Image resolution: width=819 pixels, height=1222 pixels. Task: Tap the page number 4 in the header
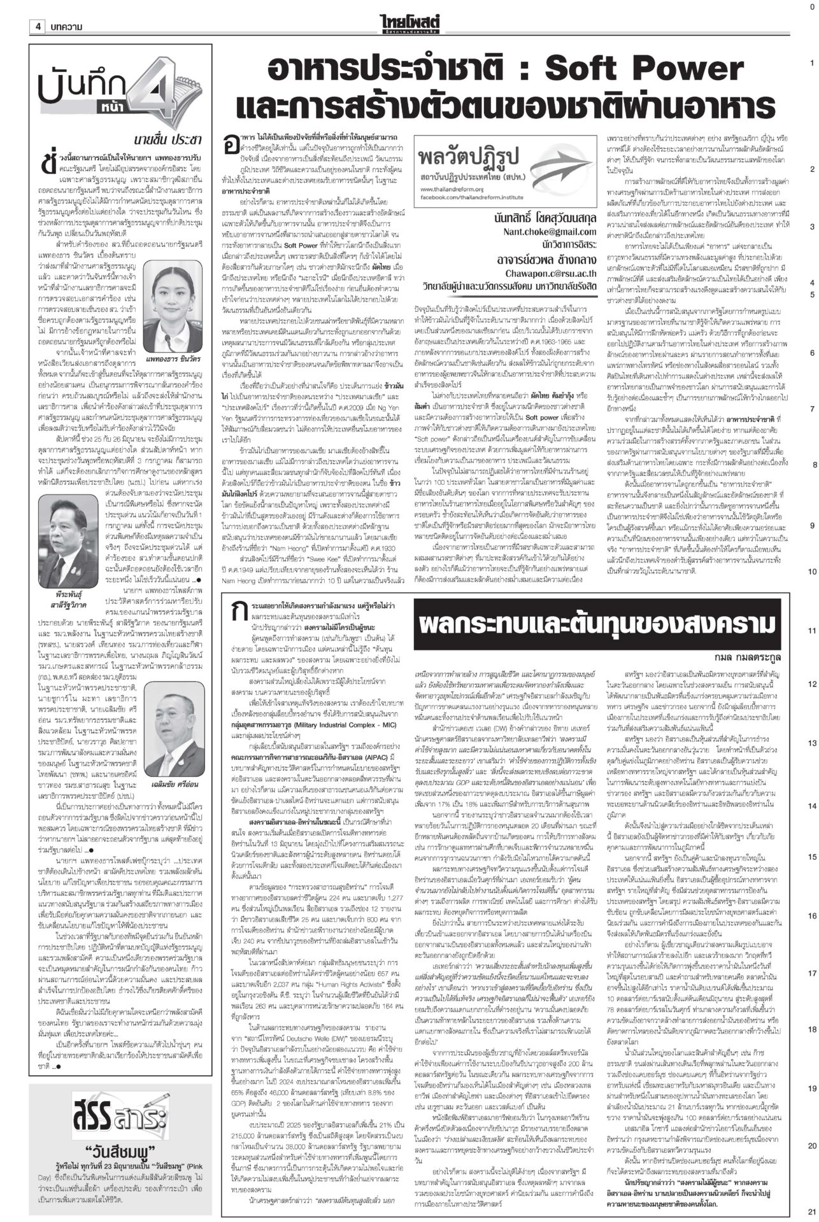pos(38,27)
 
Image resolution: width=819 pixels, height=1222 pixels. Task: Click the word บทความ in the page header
pos(68,27)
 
